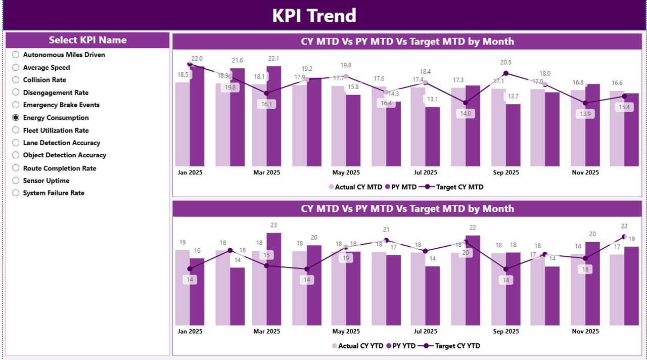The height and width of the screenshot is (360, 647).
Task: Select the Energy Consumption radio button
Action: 16,118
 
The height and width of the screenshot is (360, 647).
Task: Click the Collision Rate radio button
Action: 16,80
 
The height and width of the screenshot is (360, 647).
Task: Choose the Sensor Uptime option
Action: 16,181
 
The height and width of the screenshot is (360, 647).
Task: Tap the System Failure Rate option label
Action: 54,193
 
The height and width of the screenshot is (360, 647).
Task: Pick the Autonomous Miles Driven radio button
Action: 16,55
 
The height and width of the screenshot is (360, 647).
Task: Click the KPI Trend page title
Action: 314,16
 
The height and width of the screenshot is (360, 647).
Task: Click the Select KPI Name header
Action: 87,40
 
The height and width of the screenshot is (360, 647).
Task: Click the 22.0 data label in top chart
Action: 197,59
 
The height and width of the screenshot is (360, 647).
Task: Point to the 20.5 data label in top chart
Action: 505,62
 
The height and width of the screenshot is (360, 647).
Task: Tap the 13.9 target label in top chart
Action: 585,114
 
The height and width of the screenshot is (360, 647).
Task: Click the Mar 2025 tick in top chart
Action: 266,172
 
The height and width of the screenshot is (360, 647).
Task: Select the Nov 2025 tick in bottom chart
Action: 585,331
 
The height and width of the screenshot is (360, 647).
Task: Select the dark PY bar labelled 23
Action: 273,278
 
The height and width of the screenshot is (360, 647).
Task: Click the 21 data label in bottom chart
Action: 386,230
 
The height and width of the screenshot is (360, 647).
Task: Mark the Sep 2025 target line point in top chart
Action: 505,73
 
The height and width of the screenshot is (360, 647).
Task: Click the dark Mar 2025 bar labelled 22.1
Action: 273,116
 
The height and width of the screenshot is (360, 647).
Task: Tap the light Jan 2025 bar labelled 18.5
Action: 182,124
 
